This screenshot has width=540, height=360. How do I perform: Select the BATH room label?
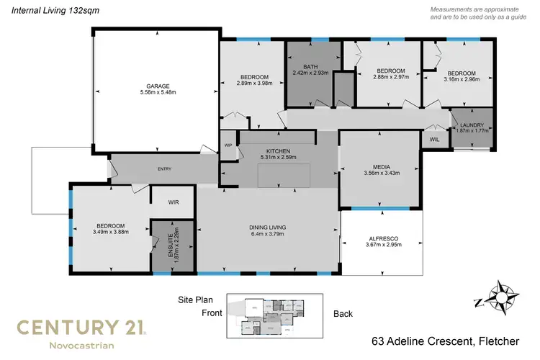(310, 67)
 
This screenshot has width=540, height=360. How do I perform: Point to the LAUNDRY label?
(472, 124)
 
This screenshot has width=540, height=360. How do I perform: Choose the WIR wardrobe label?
(173, 203)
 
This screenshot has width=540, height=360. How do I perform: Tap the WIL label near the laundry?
(434, 139)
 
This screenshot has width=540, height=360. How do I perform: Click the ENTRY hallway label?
(164, 169)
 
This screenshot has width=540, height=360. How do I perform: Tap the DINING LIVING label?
(269, 227)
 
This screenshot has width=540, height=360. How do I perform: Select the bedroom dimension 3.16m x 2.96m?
(461, 80)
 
